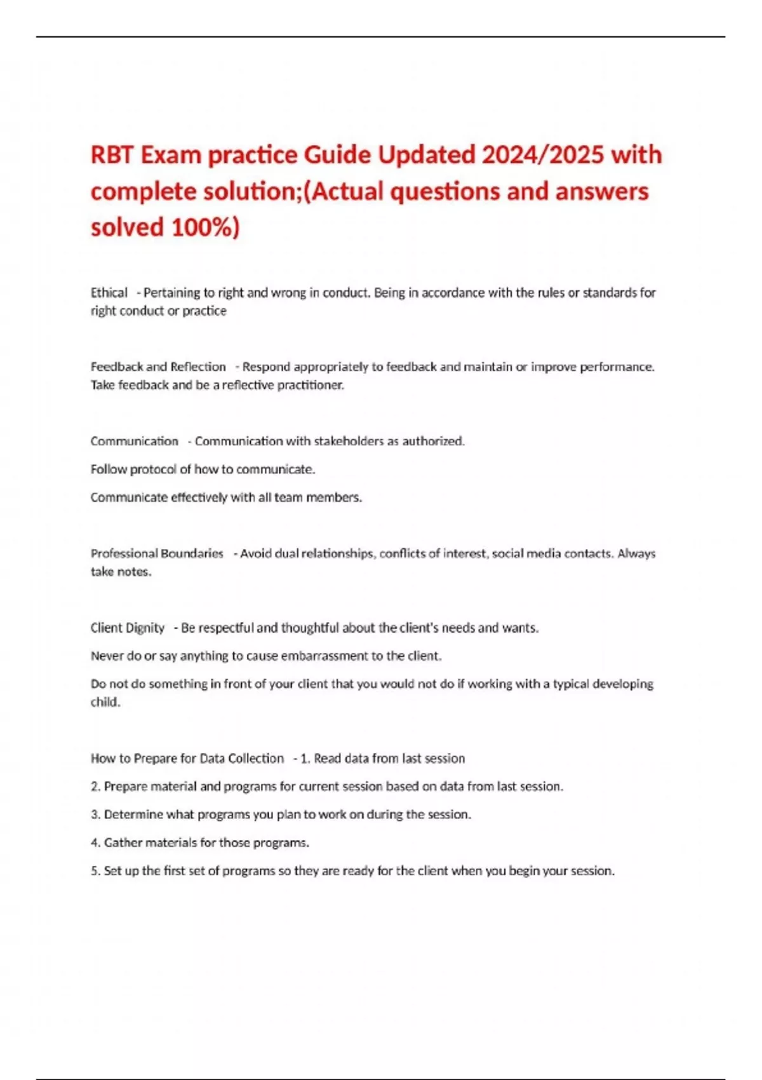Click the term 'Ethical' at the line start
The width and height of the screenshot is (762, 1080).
point(109,293)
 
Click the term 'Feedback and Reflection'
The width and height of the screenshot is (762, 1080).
point(158,367)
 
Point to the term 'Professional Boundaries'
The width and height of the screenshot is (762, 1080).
point(157,553)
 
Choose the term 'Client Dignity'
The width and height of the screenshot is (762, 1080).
point(127,628)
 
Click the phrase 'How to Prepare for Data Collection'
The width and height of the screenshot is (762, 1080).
point(187,759)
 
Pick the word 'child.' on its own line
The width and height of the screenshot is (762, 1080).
point(105,702)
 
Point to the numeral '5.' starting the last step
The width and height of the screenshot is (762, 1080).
point(96,871)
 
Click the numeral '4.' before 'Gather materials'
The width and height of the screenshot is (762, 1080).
point(96,843)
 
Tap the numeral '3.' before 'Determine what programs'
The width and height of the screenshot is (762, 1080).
point(96,814)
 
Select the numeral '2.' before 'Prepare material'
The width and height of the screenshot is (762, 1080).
point(96,786)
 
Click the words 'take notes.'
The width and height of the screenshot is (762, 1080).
point(121,572)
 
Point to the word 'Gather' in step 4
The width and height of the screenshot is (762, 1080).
point(123,843)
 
